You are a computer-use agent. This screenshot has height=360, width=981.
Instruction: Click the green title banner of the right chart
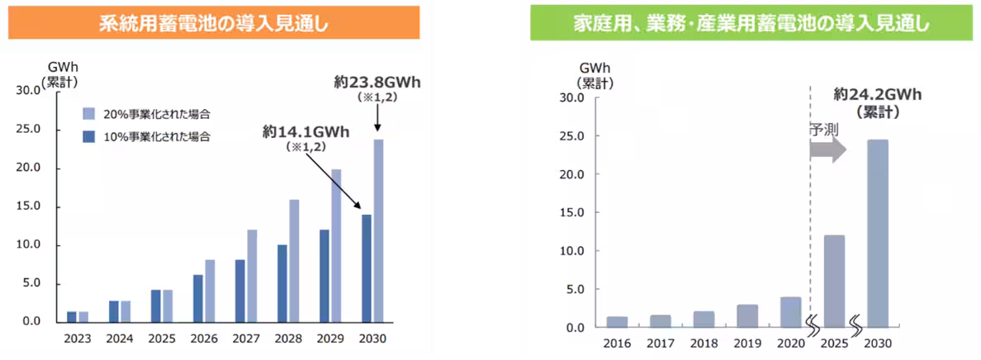(751, 23)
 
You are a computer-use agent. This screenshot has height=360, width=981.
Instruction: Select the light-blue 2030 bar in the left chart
(379, 230)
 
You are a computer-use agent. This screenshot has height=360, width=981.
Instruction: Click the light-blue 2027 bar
(252, 275)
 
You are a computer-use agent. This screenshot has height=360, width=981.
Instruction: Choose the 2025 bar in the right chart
(835, 281)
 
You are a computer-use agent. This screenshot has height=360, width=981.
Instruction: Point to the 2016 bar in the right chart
(617, 321)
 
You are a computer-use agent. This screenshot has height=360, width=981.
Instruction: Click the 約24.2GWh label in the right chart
(877, 94)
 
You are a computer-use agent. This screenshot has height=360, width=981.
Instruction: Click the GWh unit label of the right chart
(595, 68)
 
